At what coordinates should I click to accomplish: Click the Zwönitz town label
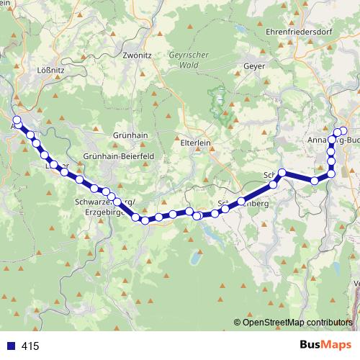click(x=136, y=54)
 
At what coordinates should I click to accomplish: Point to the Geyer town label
click(x=256, y=66)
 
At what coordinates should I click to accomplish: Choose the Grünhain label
click(x=130, y=135)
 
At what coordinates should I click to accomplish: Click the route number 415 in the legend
click(x=30, y=346)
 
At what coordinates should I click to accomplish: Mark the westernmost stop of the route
click(x=17, y=120)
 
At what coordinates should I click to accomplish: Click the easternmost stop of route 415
click(x=343, y=131)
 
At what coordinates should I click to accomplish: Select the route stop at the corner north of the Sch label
click(x=283, y=172)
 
